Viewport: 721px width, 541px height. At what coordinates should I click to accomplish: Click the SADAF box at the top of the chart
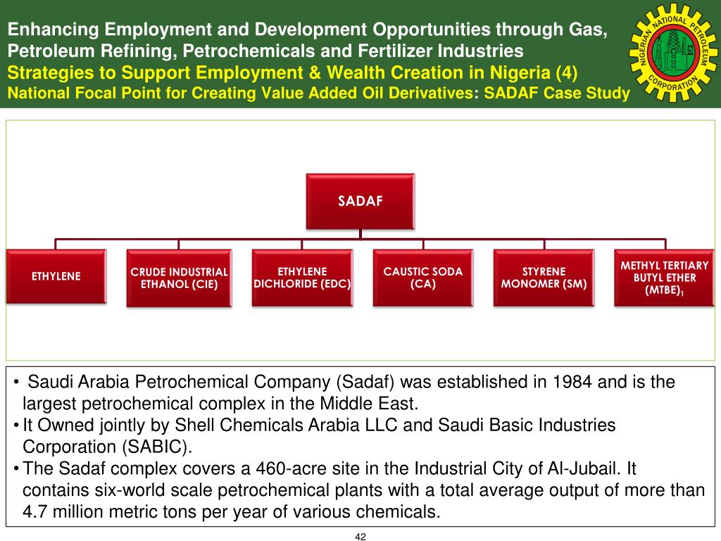pos(360,201)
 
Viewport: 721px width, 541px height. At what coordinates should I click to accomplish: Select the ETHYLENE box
pos(56,276)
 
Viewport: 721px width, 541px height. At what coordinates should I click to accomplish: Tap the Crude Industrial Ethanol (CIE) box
pos(179,278)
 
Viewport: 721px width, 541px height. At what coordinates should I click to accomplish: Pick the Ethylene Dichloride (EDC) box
pos(302,278)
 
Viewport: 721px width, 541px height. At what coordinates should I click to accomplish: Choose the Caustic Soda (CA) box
pos(423,278)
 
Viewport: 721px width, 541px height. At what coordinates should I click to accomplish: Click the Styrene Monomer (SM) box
pos(544,278)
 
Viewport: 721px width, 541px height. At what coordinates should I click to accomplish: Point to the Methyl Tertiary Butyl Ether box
pos(665,278)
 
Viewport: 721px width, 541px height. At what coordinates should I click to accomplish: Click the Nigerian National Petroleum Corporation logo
pos(673,53)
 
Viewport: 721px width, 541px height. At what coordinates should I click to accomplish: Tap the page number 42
pos(360,536)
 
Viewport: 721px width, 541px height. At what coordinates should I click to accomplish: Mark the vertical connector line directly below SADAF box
pos(360,234)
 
